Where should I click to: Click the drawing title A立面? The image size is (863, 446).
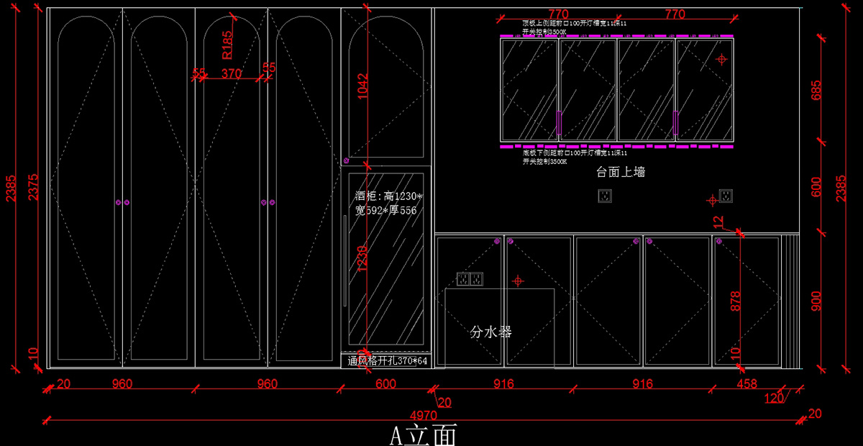[423, 434]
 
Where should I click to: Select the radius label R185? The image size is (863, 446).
[227, 44]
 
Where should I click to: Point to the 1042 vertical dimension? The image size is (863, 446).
[362, 86]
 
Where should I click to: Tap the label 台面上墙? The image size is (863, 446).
[621, 172]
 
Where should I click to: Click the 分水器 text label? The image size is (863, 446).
[491, 332]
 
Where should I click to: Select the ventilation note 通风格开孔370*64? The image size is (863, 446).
[388, 361]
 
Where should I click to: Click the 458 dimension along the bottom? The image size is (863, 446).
[747, 384]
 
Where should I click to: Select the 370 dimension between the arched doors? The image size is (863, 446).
[231, 73]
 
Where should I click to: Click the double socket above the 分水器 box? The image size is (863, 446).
[470, 278]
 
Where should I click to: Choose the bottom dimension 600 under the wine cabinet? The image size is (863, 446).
[385, 384]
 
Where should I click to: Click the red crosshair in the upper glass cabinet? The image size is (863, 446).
[722, 60]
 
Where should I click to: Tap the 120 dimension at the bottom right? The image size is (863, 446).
[774, 398]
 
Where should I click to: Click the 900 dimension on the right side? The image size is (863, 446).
[816, 301]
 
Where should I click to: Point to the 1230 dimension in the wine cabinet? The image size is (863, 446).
[362, 260]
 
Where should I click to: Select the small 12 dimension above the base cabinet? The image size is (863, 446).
[718, 223]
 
